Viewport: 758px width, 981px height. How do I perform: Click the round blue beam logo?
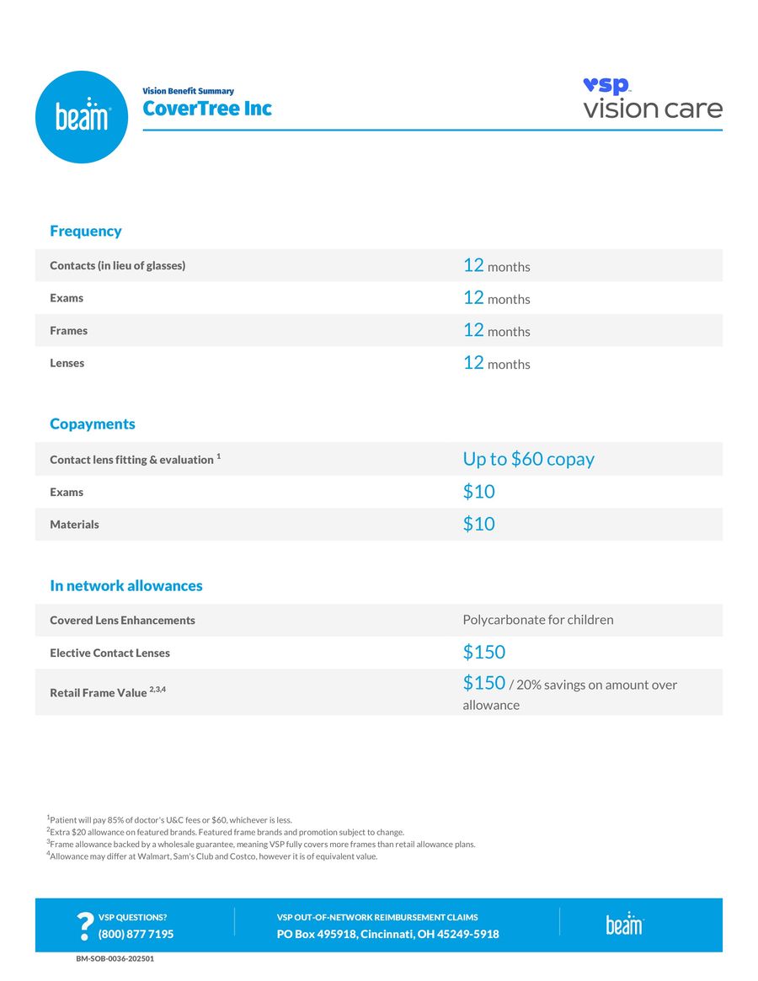pyautogui.click(x=82, y=117)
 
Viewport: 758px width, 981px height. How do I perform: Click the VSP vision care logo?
pyautogui.click(x=652, y=99)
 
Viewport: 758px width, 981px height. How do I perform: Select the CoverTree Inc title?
pyautogui.click(x=207, y=109)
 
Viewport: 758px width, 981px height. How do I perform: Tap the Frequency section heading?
pyautogui.click(x=85, y=231)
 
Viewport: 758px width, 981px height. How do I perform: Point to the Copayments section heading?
pyautogui.click(x=92, y=424)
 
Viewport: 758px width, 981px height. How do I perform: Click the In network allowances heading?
pyautogui.click(x=125, y=585)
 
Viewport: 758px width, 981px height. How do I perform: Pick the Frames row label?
pyautogui.click(x=68, y=331)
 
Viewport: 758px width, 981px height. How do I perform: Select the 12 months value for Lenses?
pyautogui.click(x=496, y=363)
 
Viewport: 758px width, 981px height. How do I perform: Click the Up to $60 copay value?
pyautogui.click(x=528, y=459)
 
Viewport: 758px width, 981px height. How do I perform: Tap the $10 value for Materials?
pyautogui.click(x=478, y=524)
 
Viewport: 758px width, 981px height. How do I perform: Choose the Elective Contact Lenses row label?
pyautogui.click(x=109, y=653)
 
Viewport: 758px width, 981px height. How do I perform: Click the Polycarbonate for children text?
pyautogui.click(x=537, y=620)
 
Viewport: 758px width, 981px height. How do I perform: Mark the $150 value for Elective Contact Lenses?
pyautogui.click(x=483, y=652)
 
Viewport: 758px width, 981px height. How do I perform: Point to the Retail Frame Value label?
pyautogui.click(x=98, y=693)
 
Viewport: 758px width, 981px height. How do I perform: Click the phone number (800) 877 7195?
pyautogui.click(x=136, y=934)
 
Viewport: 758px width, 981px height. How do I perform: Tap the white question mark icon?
pyautogui.click(x=84, y=926)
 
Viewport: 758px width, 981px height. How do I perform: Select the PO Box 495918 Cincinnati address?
pyautogui.click(x=387, y=934)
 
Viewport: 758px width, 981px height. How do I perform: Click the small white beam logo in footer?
pyautogui.click(x=624, y=923)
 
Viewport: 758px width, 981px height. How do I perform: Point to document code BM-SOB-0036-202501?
pyautogui.click(x=115, y=958)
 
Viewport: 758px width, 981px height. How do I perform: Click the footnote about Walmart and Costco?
pyautogui.click(x=212, y=856)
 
